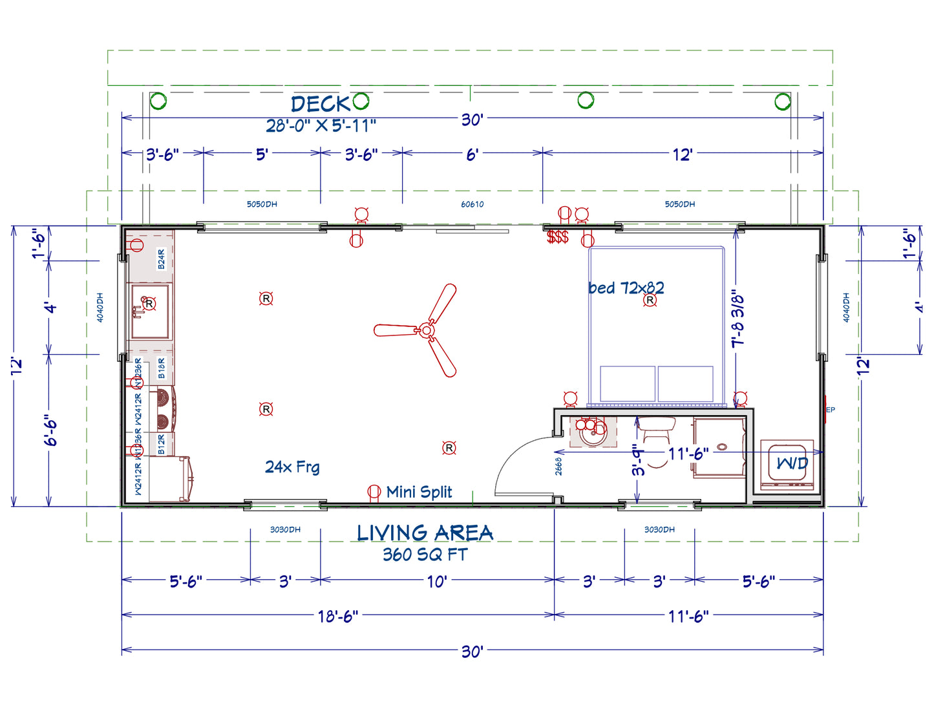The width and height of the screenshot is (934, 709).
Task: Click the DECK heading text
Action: (320, 103)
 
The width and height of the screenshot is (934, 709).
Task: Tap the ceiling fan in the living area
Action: (426, 330)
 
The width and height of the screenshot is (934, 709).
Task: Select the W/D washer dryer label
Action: (791, 463)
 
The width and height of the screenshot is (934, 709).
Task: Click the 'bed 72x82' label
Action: (626, 288)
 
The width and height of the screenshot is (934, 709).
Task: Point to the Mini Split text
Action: (419, 492)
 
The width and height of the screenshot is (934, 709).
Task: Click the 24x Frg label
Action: (292, 467)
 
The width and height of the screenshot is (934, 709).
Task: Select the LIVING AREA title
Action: (425, 533)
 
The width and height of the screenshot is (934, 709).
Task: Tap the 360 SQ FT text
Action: (425, 555)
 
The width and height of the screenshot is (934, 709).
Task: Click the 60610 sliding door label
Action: (472, 204)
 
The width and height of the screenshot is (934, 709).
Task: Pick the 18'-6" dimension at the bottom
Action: (337, 616)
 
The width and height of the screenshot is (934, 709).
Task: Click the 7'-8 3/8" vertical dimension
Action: (738, 318)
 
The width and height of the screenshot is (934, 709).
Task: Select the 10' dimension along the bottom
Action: (437, 581)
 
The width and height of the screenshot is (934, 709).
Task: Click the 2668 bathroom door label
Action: (558, 466)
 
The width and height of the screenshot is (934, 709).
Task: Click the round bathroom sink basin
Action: (593, 432)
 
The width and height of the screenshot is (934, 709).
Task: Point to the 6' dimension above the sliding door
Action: (472, 154)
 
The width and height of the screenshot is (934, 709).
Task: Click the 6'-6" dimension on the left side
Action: (51, 430)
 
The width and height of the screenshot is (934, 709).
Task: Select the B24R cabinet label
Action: (161, 259)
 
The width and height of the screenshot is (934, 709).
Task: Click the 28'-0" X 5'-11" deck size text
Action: (321, 125)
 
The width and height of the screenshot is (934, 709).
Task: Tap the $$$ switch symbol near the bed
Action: (557, 237)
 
